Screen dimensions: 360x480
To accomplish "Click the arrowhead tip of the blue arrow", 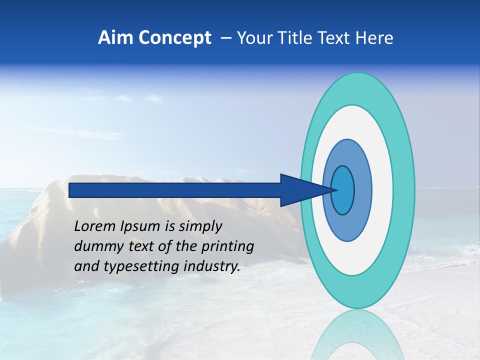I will click(x=336, y=190).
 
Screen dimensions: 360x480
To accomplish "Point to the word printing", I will click(x=227, y=247).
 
